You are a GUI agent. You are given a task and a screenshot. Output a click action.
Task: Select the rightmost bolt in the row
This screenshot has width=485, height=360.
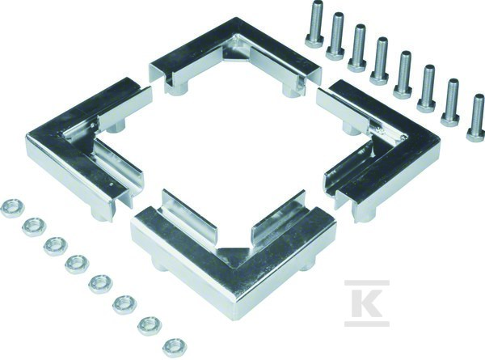point(477,118)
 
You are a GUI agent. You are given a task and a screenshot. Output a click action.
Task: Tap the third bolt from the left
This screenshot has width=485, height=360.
point(358,49)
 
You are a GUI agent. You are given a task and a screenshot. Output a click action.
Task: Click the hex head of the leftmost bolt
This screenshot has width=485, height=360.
point(314,41)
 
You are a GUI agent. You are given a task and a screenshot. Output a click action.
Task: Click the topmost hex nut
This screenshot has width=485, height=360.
point(13,206)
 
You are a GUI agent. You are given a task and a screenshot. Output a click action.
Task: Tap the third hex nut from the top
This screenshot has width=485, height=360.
point(56,246)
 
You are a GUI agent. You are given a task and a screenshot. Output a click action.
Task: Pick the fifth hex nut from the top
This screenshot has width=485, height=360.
point(101,284)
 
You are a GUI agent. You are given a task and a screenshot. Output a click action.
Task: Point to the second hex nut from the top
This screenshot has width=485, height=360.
point(34,227)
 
